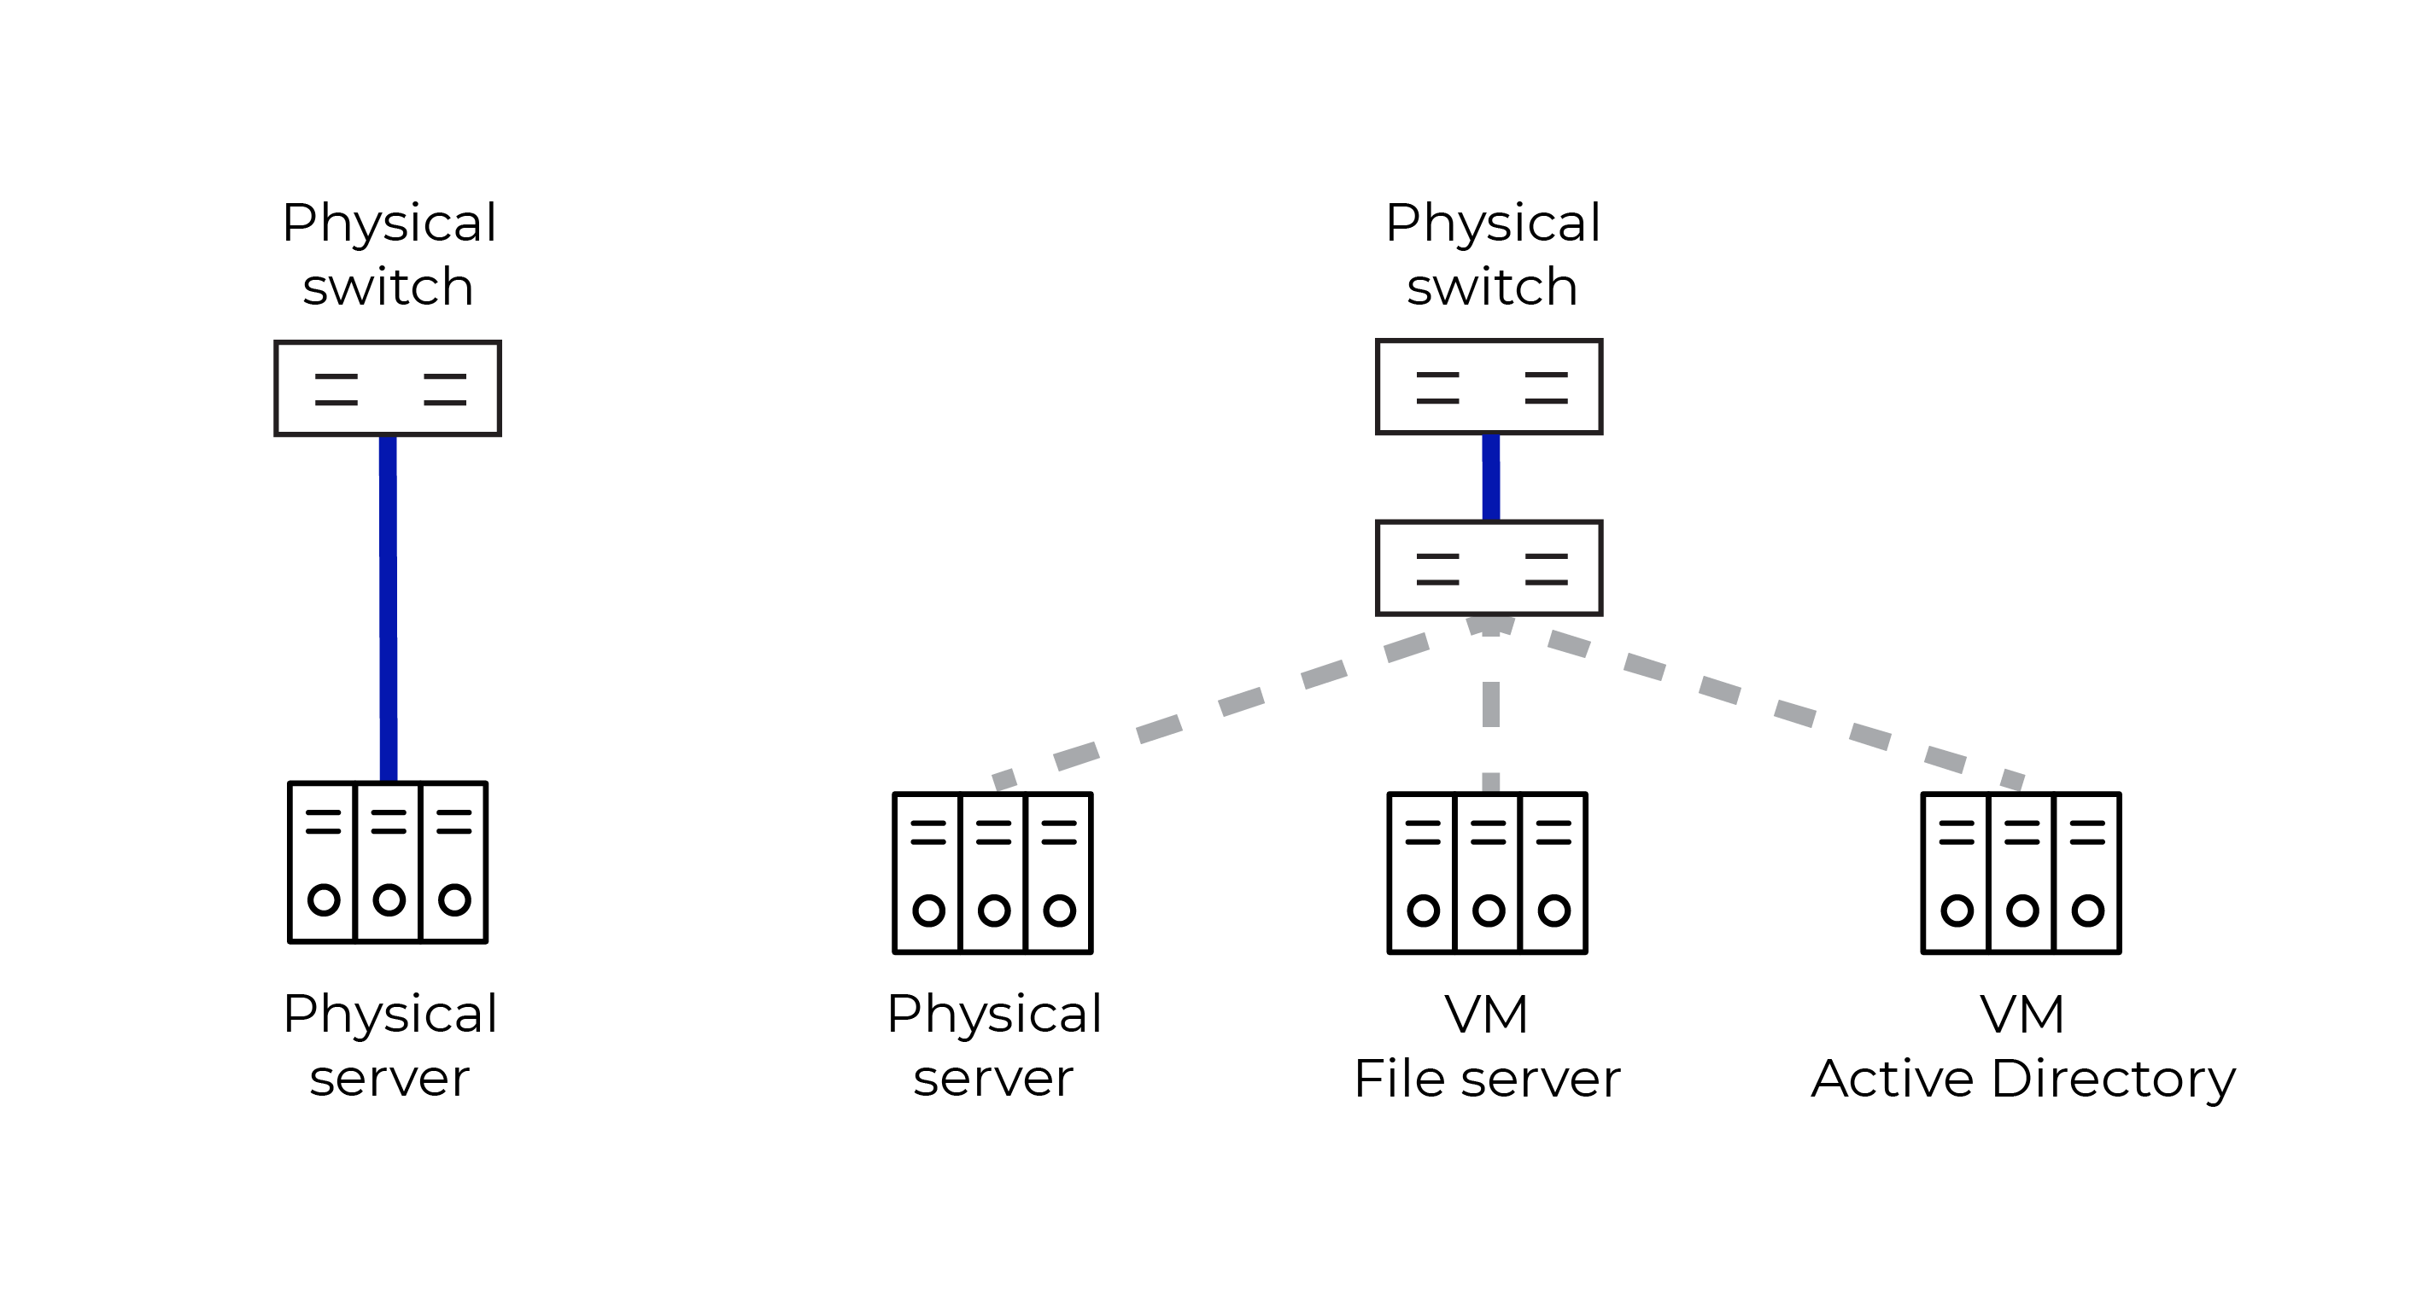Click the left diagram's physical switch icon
point(388,388)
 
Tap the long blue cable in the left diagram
point(388,604)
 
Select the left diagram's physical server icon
point(388,861)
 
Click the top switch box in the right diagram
point(1489,387)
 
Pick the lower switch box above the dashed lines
point(1489,567)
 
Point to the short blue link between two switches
point(1491,477)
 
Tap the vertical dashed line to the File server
point(1491,705)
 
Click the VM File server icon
point(1487,873)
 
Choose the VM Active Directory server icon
point(2022,873)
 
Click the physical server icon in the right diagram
point(992,873)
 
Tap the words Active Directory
point(2022,1079)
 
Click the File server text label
point(1486,1079)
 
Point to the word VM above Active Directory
point(2022,1016)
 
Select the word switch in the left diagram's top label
point(388,287)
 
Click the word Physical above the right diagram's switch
point(1492,224)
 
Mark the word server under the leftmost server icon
point(389,1079)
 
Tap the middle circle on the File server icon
point(1489,911)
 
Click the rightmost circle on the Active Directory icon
point(2087,911)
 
